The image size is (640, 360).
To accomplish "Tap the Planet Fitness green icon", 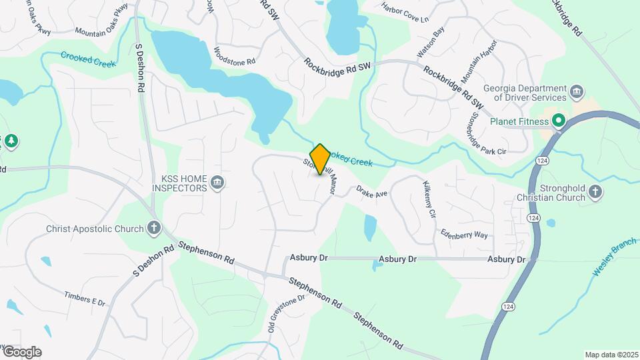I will click(x=559, y=121).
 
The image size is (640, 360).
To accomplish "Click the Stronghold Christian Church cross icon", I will click(x=595, y=193).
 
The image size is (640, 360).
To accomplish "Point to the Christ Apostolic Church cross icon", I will click(x=154, y=229).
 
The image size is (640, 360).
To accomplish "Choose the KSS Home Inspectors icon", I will click(x=217, y=183).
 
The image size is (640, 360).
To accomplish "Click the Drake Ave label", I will click(x=371, y=191).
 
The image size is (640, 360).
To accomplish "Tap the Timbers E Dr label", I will click(x=85, y=298).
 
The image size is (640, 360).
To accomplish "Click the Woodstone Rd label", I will click(x=235, y=55).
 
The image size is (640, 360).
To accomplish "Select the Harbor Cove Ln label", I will click(x=405, y=13).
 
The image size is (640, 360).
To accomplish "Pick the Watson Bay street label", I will click(x=430, y=41).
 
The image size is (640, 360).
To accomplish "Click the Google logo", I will click(x=21, y=352).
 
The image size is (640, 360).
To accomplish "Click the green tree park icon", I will click(x=10, y=141).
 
